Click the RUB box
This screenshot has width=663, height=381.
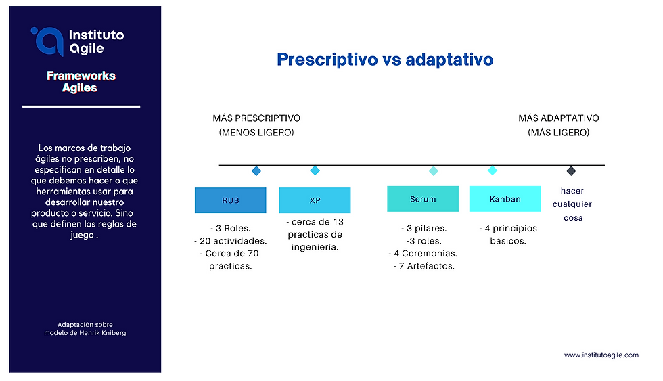231,200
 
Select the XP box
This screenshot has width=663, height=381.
315,200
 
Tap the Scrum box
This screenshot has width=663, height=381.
423,199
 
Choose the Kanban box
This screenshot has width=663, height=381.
505,199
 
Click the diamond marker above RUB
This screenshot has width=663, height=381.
256,171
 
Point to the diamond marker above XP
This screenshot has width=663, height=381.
315,171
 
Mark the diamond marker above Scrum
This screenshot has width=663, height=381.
434,171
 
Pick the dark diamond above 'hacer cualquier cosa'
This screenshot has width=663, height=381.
571,171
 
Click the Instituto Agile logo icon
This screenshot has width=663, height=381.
47,41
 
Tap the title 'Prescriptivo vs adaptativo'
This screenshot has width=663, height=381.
385,59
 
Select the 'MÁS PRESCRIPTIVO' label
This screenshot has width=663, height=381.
256,118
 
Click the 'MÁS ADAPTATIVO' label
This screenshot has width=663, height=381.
559,118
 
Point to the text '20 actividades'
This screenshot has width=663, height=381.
233,241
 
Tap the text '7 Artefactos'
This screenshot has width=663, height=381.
426,267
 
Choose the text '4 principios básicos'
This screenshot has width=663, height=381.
508,235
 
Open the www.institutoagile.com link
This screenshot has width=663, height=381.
601,355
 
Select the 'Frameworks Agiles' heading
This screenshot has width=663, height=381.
81,82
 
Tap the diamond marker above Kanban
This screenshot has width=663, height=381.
493,171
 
